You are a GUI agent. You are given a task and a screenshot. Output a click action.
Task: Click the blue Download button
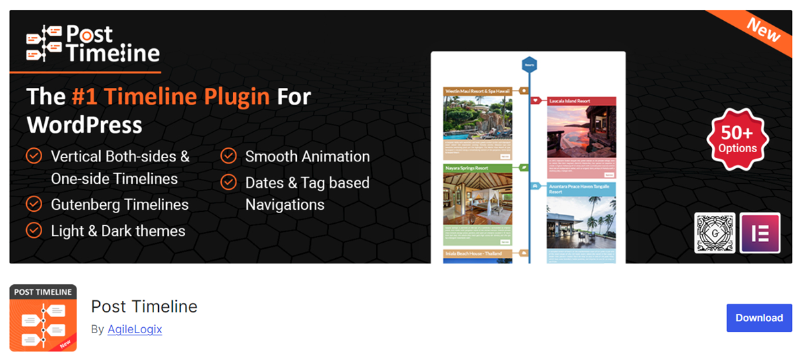click(758, 318)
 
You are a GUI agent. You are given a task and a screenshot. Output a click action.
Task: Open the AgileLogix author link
click(135, 329)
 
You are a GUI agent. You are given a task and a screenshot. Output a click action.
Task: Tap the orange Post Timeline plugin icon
click(43, 318)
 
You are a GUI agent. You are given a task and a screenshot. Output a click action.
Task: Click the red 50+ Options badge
click(737, 139)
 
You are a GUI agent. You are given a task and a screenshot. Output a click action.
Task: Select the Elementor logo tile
click(760, 233)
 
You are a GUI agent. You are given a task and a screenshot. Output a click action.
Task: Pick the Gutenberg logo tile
click(715, 233)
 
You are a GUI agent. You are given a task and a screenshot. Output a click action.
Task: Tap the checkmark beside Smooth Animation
click(228, 156)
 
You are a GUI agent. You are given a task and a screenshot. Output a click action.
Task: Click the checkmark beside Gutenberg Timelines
click(33, 204)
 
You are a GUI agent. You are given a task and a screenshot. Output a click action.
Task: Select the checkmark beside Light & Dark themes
click(33, 231)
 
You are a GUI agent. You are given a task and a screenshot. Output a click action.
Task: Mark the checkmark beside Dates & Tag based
click(228, 182)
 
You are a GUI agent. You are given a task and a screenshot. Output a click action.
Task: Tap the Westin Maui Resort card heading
click(477, 91)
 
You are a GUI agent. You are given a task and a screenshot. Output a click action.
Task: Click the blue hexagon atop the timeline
click(529, 65)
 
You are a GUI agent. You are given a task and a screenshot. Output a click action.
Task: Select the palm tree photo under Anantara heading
click(581, 221)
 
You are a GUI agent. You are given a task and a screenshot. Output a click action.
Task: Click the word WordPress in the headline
click(84, 125)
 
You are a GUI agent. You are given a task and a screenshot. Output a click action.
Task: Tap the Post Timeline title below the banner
click(144, 307)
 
